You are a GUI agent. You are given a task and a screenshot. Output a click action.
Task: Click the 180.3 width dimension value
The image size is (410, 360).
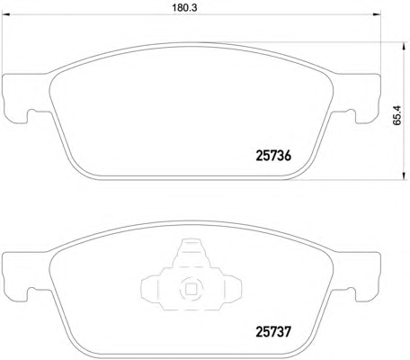184,8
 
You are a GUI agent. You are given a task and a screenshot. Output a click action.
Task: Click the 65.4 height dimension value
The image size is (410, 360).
397,115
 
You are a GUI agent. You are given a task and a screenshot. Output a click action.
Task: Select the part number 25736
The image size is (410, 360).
273,156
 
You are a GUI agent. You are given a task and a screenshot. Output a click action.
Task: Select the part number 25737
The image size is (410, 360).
273,332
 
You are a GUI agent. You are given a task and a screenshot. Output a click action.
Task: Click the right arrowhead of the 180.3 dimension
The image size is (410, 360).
378,14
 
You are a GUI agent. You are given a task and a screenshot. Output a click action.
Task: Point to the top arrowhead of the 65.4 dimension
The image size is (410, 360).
404,46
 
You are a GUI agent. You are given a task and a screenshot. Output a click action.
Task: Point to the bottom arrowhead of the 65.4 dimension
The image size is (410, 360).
404,176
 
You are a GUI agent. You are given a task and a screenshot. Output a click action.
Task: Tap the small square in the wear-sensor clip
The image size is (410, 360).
191,289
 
